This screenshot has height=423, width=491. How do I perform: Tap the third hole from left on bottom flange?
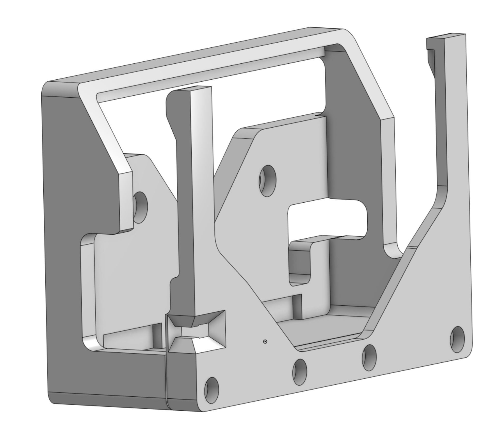pos(369,354)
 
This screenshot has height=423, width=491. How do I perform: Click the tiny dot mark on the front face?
pos(265,342)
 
